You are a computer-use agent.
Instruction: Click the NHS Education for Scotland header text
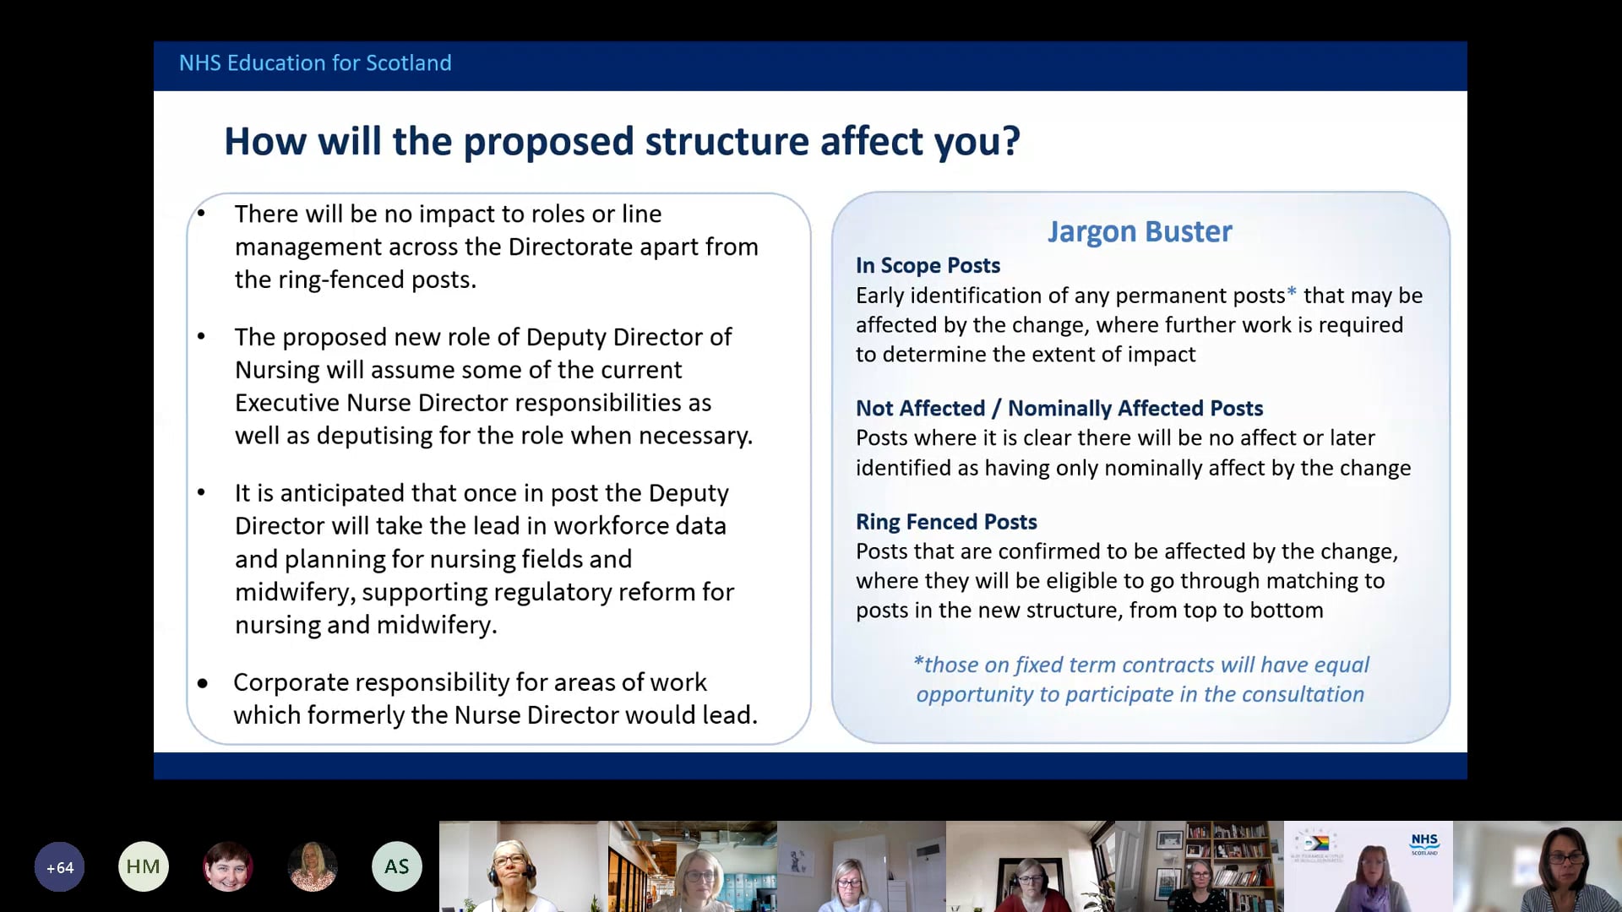click(315, 63)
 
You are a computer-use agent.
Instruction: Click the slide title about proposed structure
click(622, 141)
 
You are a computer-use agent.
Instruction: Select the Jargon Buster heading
click(1140, 231)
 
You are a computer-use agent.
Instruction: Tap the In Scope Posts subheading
click(928, 265)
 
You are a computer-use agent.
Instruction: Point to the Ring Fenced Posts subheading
click(946, 522)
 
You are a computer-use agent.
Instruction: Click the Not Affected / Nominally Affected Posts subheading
click(1059, 409)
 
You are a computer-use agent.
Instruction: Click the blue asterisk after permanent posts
click(1292, 293)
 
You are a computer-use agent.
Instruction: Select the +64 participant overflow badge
click(59, 867)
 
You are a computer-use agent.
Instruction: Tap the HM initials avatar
click(144, 867)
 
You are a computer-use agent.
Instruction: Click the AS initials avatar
click(397, 867)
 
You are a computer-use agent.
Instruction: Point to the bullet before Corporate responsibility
click(203, 683)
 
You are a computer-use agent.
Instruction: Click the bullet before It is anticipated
click(201, 492)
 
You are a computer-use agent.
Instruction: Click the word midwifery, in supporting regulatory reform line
click(295, 592)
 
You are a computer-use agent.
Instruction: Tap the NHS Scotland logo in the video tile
click(1424, 843)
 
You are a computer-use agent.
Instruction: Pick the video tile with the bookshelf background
click(1200, 867)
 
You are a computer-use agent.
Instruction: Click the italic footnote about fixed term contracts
click(1140, 680)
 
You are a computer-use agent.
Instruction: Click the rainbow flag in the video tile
click(1318, 843)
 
